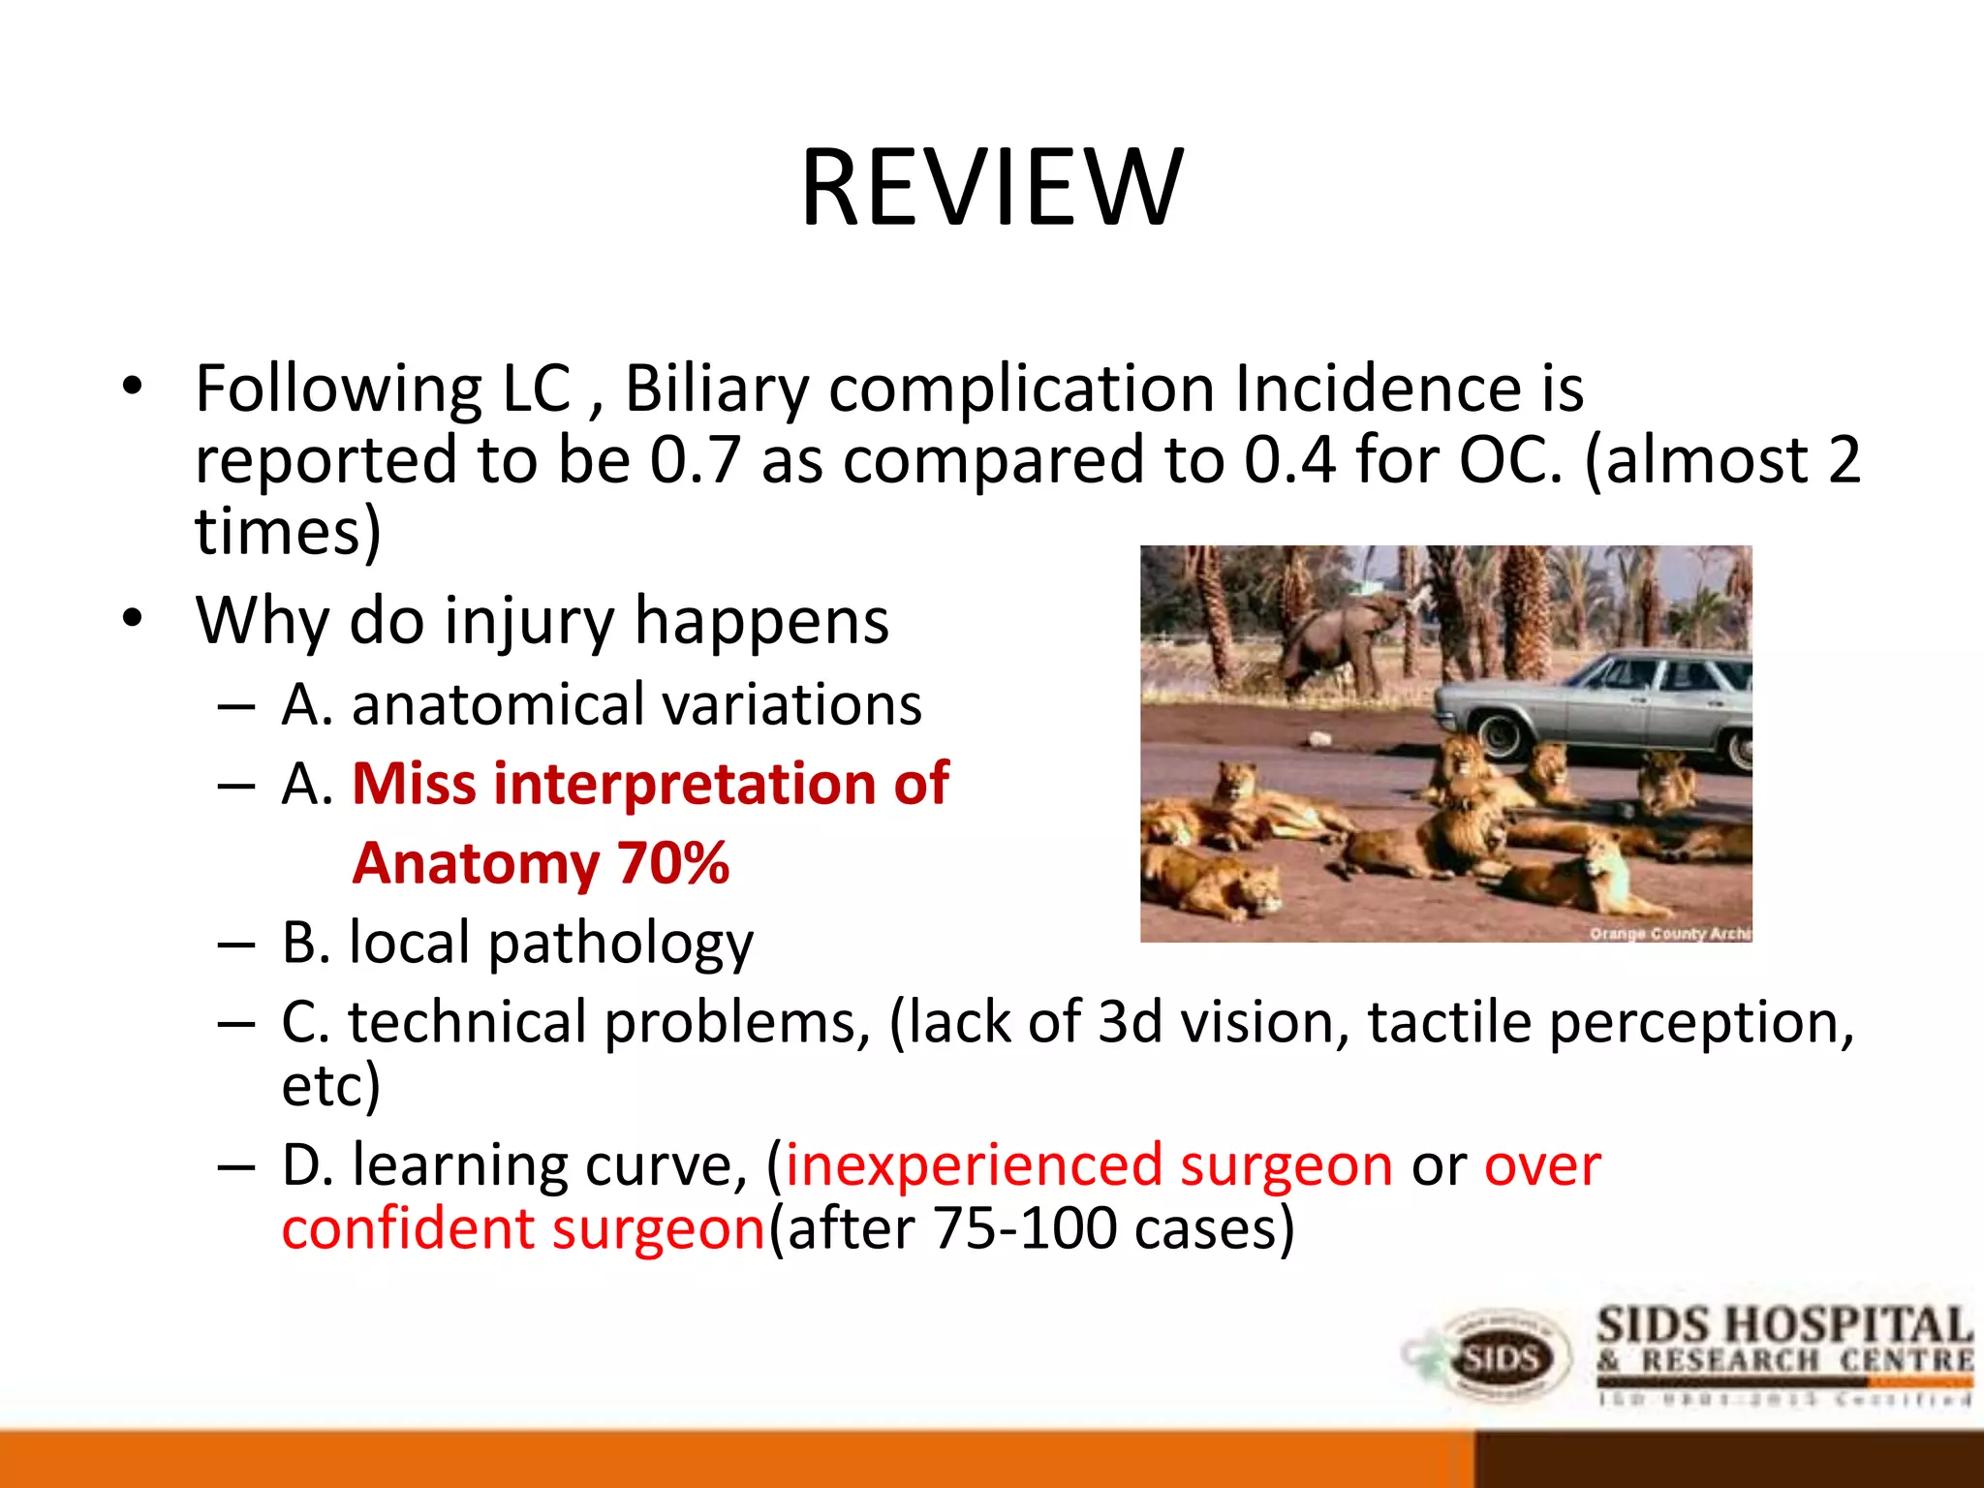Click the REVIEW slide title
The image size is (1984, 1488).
[x=991, y=188]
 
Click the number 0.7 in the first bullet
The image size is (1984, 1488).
[x=695, y=460]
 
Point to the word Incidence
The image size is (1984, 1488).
[x=1372, y=389]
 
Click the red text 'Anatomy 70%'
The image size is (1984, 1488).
[x=541, y=863]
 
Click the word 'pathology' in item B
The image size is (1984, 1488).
[x=620, y=944]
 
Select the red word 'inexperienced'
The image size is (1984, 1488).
[x=973, y=1165]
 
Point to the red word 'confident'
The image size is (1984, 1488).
[x=408, y=1229]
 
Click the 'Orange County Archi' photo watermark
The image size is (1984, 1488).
[x=1668, y=933]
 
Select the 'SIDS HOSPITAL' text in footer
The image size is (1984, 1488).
[x=1783, y=1326]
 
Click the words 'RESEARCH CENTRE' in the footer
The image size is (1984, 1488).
[x=1807, y=1361]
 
